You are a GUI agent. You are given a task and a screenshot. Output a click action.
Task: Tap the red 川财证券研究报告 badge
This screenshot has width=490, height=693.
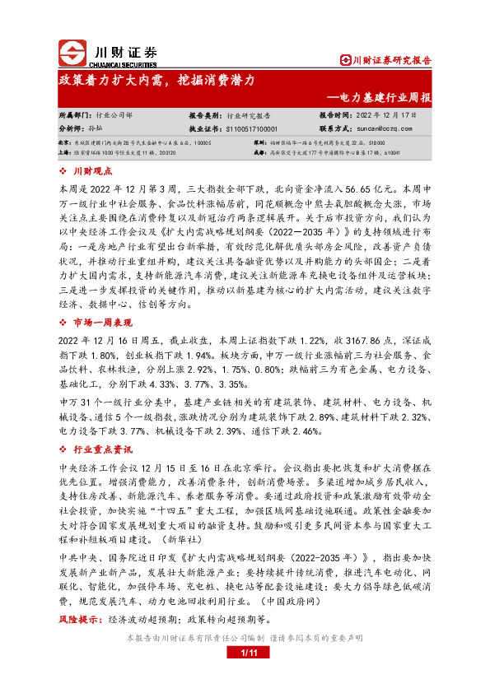[x=386, y=59]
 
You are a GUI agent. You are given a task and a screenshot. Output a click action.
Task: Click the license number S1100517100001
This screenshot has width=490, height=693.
[x=251, y=129]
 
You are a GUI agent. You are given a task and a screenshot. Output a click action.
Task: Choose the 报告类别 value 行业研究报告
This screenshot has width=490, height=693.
[x=254, y=116]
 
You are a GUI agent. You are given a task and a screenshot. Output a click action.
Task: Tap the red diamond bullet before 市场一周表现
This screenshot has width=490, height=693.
[x=64, y=323]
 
